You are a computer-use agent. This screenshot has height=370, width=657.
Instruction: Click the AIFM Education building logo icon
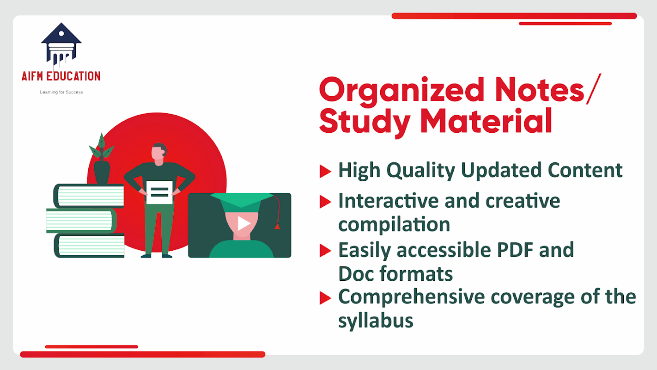[x=61, y=44]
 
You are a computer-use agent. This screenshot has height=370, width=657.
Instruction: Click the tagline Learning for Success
[x=61, y=92]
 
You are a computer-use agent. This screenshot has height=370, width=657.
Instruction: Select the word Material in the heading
[x=487, y=121]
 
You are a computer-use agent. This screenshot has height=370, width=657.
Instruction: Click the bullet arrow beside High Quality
[x=325, y=171]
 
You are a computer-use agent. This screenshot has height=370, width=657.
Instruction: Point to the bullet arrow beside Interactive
[x=325, y=202]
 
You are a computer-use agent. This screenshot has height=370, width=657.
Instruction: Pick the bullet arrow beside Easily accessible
[x=325, y=251]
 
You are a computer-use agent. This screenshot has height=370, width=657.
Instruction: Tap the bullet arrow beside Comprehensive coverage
[x=325, y=298]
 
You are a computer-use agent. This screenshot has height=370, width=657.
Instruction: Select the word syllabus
[x=376, y=321]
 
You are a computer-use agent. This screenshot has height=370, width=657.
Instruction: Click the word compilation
[x=394, y=225]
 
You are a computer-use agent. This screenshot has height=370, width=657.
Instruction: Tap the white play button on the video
[x=243, y=223]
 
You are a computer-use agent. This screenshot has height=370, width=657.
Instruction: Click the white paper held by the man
[x=159, y=192]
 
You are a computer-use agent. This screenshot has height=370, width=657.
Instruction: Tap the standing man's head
[x=159, y=153]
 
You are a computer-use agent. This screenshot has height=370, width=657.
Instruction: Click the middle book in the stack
[x=81, y=221]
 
